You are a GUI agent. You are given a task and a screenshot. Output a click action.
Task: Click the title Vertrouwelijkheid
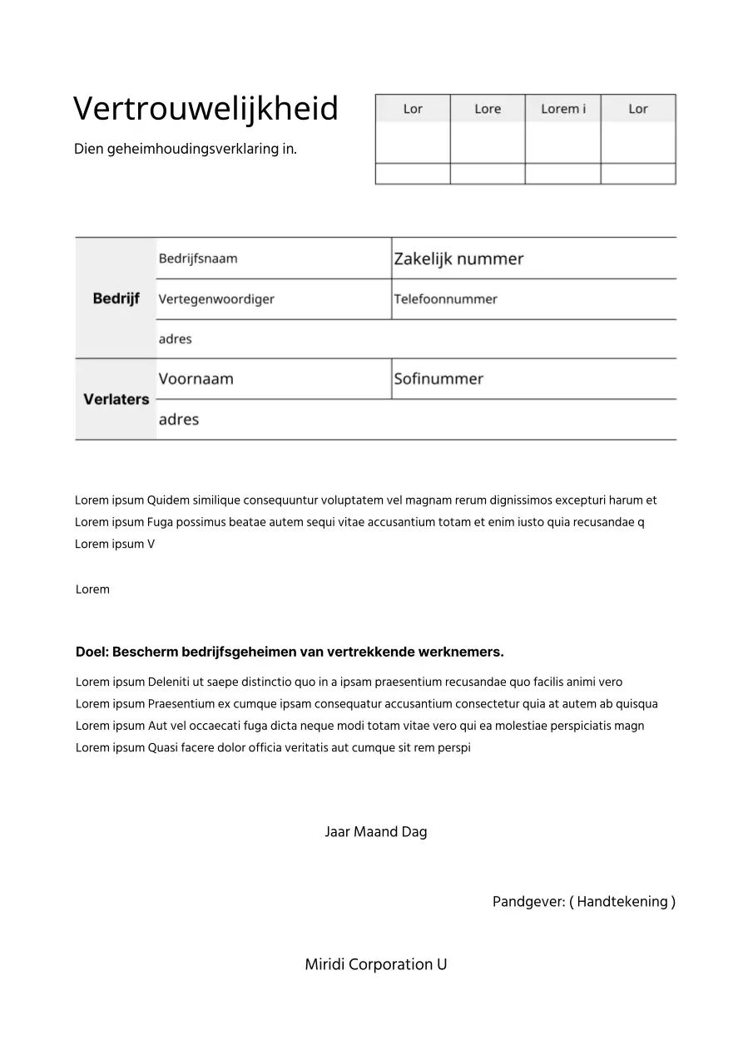coord(206,109)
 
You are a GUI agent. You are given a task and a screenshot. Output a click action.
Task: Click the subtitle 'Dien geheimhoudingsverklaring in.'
coord(186,150)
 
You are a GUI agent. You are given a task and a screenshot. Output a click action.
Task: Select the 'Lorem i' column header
coord(563,109)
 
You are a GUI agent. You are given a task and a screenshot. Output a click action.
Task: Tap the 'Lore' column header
coord(488,109)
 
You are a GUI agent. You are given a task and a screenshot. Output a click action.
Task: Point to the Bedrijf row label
coord(116,298)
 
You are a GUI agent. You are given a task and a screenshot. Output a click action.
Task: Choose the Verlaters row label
coord(116,399)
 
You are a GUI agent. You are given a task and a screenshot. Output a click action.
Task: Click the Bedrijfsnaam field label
coord(198,259)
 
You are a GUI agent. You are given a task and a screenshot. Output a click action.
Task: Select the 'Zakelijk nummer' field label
coord(458,259)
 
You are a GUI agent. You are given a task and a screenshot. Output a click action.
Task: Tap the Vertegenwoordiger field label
coord(216,299)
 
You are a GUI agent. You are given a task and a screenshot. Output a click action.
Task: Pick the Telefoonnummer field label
coord(445,299)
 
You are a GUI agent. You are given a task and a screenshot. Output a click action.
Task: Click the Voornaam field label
coord(196,379)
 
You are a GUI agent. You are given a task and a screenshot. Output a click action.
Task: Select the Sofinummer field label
coord(438,379)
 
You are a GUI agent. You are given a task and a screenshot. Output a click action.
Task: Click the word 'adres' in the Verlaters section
coord(179,420)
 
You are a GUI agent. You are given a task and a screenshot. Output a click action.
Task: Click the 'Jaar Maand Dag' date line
coord(376,832)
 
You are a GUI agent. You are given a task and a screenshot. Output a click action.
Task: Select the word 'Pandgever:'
coord(528,902)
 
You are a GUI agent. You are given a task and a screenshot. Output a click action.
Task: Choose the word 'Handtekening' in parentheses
coord(622,902)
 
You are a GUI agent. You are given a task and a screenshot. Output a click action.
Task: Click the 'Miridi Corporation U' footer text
coord(376,965)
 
